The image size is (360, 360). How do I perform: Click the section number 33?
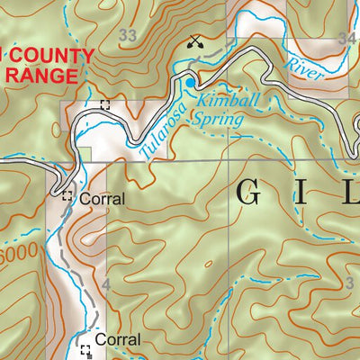pos(130,35)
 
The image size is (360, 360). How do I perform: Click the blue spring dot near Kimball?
pos(190,84)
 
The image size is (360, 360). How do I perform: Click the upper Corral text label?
pos(99,198)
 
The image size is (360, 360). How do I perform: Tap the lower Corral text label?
pos(118,340)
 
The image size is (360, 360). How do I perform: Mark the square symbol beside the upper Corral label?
pos(67,195)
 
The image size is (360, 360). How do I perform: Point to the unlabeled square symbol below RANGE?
pos(104,105)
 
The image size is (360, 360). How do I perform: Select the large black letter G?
pos(252,192)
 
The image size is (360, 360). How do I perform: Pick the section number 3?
pos(348,284)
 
